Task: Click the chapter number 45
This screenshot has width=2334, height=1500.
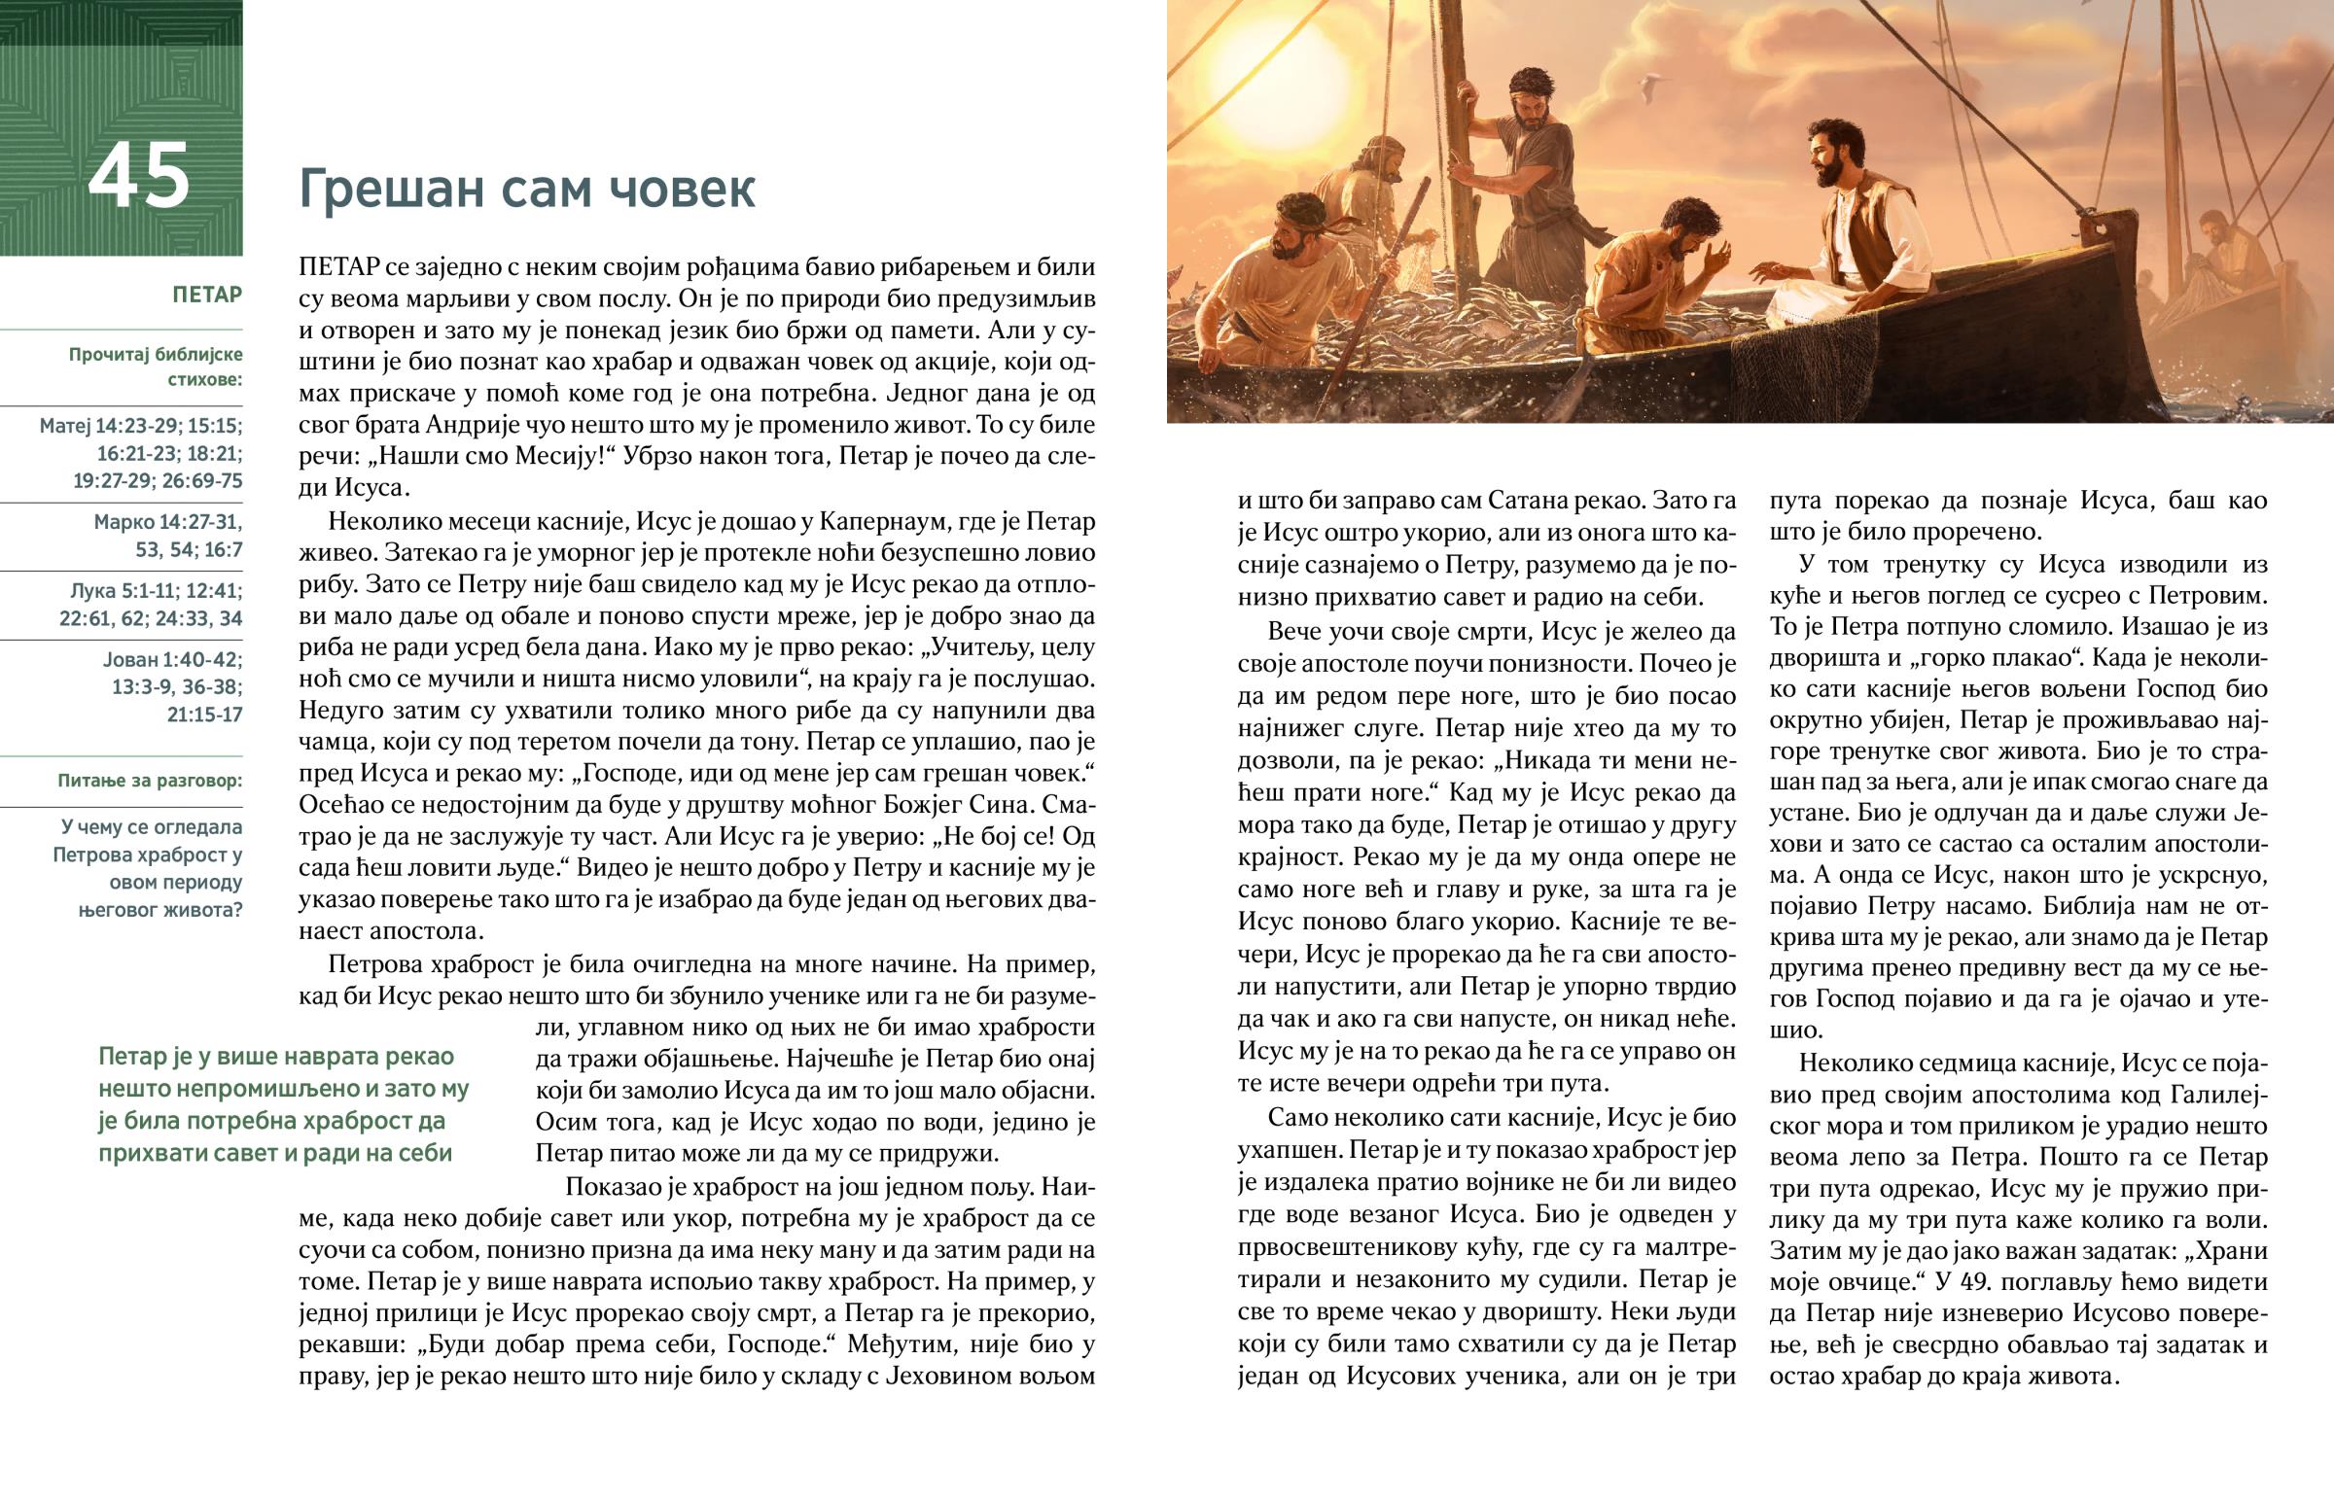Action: pos(138,176)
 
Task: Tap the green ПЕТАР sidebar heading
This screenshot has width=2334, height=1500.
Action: pos(206,295)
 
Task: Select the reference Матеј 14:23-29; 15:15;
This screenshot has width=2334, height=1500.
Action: pos(141,426)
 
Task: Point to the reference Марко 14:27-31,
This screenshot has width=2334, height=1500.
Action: pos(167,522)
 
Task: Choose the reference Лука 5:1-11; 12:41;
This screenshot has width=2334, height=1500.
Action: pos(156,591)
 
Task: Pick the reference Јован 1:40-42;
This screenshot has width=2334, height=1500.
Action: pos(172,659)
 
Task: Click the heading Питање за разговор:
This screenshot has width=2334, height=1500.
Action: pos(150,781)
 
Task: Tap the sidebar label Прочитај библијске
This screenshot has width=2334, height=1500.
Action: pos(155,354)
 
